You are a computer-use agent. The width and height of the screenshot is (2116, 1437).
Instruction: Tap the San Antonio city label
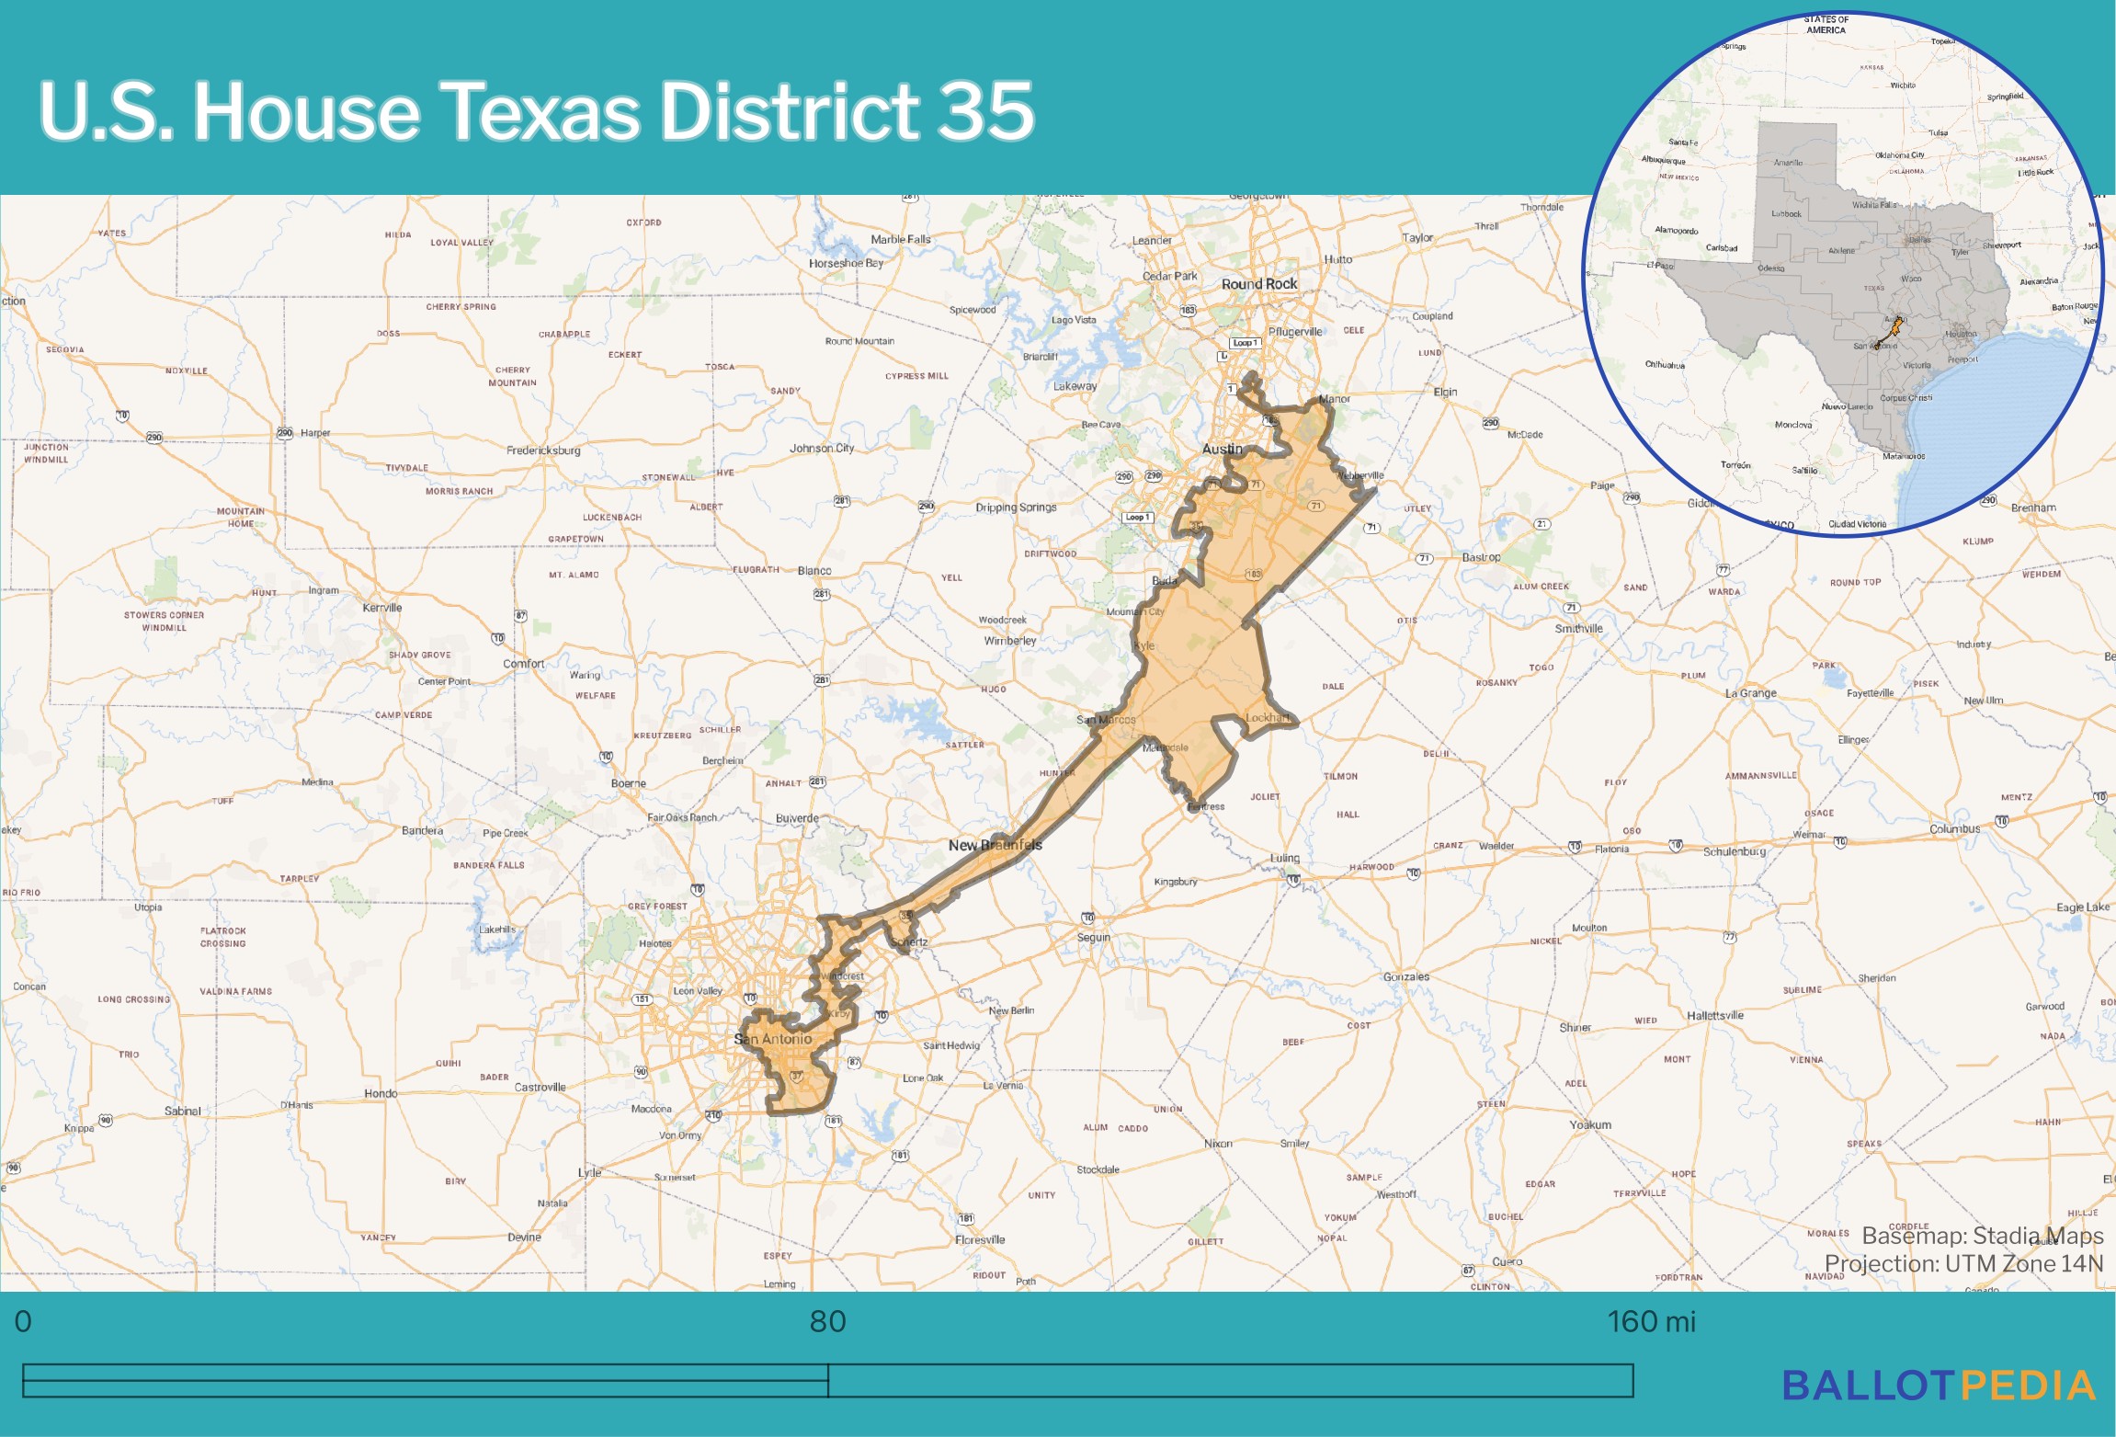(772, 1039)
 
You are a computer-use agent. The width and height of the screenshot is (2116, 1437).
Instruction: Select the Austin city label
(1222, 449)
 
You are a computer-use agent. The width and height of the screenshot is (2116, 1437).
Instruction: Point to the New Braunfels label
(995, 845)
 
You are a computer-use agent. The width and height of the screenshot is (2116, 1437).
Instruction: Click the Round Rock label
(1258, 284)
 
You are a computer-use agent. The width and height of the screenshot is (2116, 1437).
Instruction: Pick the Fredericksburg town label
(543, 450)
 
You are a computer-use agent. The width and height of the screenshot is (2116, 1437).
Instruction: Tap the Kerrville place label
(382, 608)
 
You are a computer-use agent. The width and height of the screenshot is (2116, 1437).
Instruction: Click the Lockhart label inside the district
(1267, 718)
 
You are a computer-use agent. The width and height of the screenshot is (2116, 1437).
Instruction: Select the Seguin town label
(1094, 938)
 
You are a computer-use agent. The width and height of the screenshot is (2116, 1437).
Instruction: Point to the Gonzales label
(1405, 976)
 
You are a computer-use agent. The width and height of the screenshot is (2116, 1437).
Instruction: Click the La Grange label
(1750, 693)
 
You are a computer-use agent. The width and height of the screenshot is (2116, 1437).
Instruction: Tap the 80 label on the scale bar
(827, 1322)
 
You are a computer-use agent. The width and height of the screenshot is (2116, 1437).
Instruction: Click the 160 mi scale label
(1651, 1322)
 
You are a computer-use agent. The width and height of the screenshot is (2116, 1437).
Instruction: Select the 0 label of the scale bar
(23, 1322)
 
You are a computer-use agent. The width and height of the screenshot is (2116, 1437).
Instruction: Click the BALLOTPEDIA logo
(1939, 1386)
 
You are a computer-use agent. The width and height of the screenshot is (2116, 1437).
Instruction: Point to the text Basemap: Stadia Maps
(1982, 1236)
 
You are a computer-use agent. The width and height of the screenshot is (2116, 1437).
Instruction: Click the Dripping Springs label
(1016, 508)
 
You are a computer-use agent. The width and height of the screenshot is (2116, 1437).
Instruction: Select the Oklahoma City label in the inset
(1899, 155)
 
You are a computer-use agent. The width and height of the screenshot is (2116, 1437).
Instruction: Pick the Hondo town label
(381, 1093)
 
